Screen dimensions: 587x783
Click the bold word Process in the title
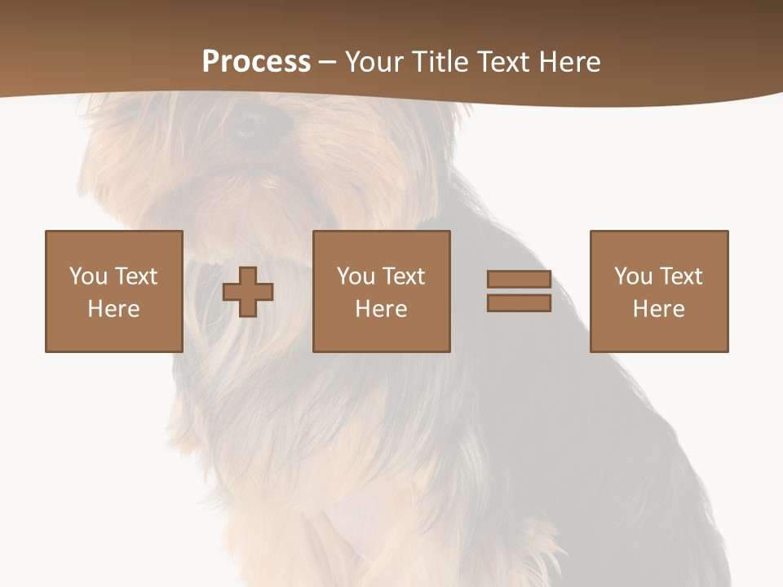tap(256, 62)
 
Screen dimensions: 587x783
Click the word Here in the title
tap(570, 62)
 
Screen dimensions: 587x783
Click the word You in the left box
tap(88, 276)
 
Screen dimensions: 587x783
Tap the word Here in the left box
tap(113, 309)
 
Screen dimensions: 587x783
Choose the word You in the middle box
tap(356, 276)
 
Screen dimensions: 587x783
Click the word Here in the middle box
tap(381, 309)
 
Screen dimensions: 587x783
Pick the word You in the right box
tap(633, 276)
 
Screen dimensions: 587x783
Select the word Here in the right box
tap(658, 309)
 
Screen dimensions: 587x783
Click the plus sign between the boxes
tap(248, 292)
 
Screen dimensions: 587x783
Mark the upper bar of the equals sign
tap(519, 280)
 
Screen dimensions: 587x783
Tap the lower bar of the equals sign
tap(519, 302)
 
